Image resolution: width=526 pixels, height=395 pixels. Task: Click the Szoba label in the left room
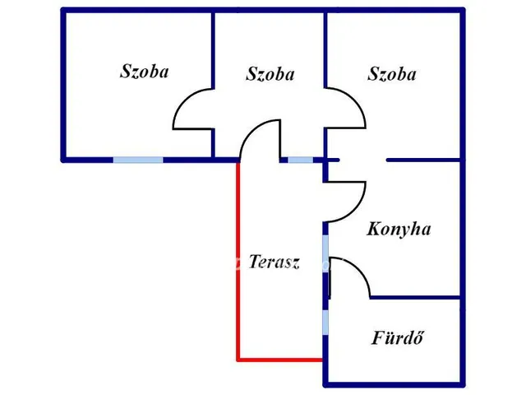click(x=145, y=72)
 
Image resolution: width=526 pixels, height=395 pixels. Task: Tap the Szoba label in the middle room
click(x=270, y=74)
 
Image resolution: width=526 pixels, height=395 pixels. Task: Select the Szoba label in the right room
click(x=392, y=74)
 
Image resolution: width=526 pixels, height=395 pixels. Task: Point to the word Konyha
click(x=399, y=229)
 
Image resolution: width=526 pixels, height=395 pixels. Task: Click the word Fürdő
click(x=398, y=337)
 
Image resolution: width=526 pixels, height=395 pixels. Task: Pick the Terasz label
click(x=274, y=262)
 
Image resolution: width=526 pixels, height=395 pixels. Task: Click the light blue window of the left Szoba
click(x=138, y=160)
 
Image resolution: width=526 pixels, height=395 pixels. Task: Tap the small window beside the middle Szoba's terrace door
click(x=301, y=160)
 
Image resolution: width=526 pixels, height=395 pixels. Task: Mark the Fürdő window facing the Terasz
click(x=325, y=322)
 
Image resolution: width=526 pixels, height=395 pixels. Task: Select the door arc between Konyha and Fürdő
click(x=358, y=269)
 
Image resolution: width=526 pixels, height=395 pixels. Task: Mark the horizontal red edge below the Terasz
click(x=280, y=360)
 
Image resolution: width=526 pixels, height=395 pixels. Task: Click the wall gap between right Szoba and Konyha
click(x=363, y=160)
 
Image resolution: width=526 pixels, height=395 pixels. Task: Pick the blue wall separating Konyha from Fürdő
click(x=415, y=298)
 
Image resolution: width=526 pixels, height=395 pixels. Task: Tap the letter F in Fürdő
click(x=378, y=337)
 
